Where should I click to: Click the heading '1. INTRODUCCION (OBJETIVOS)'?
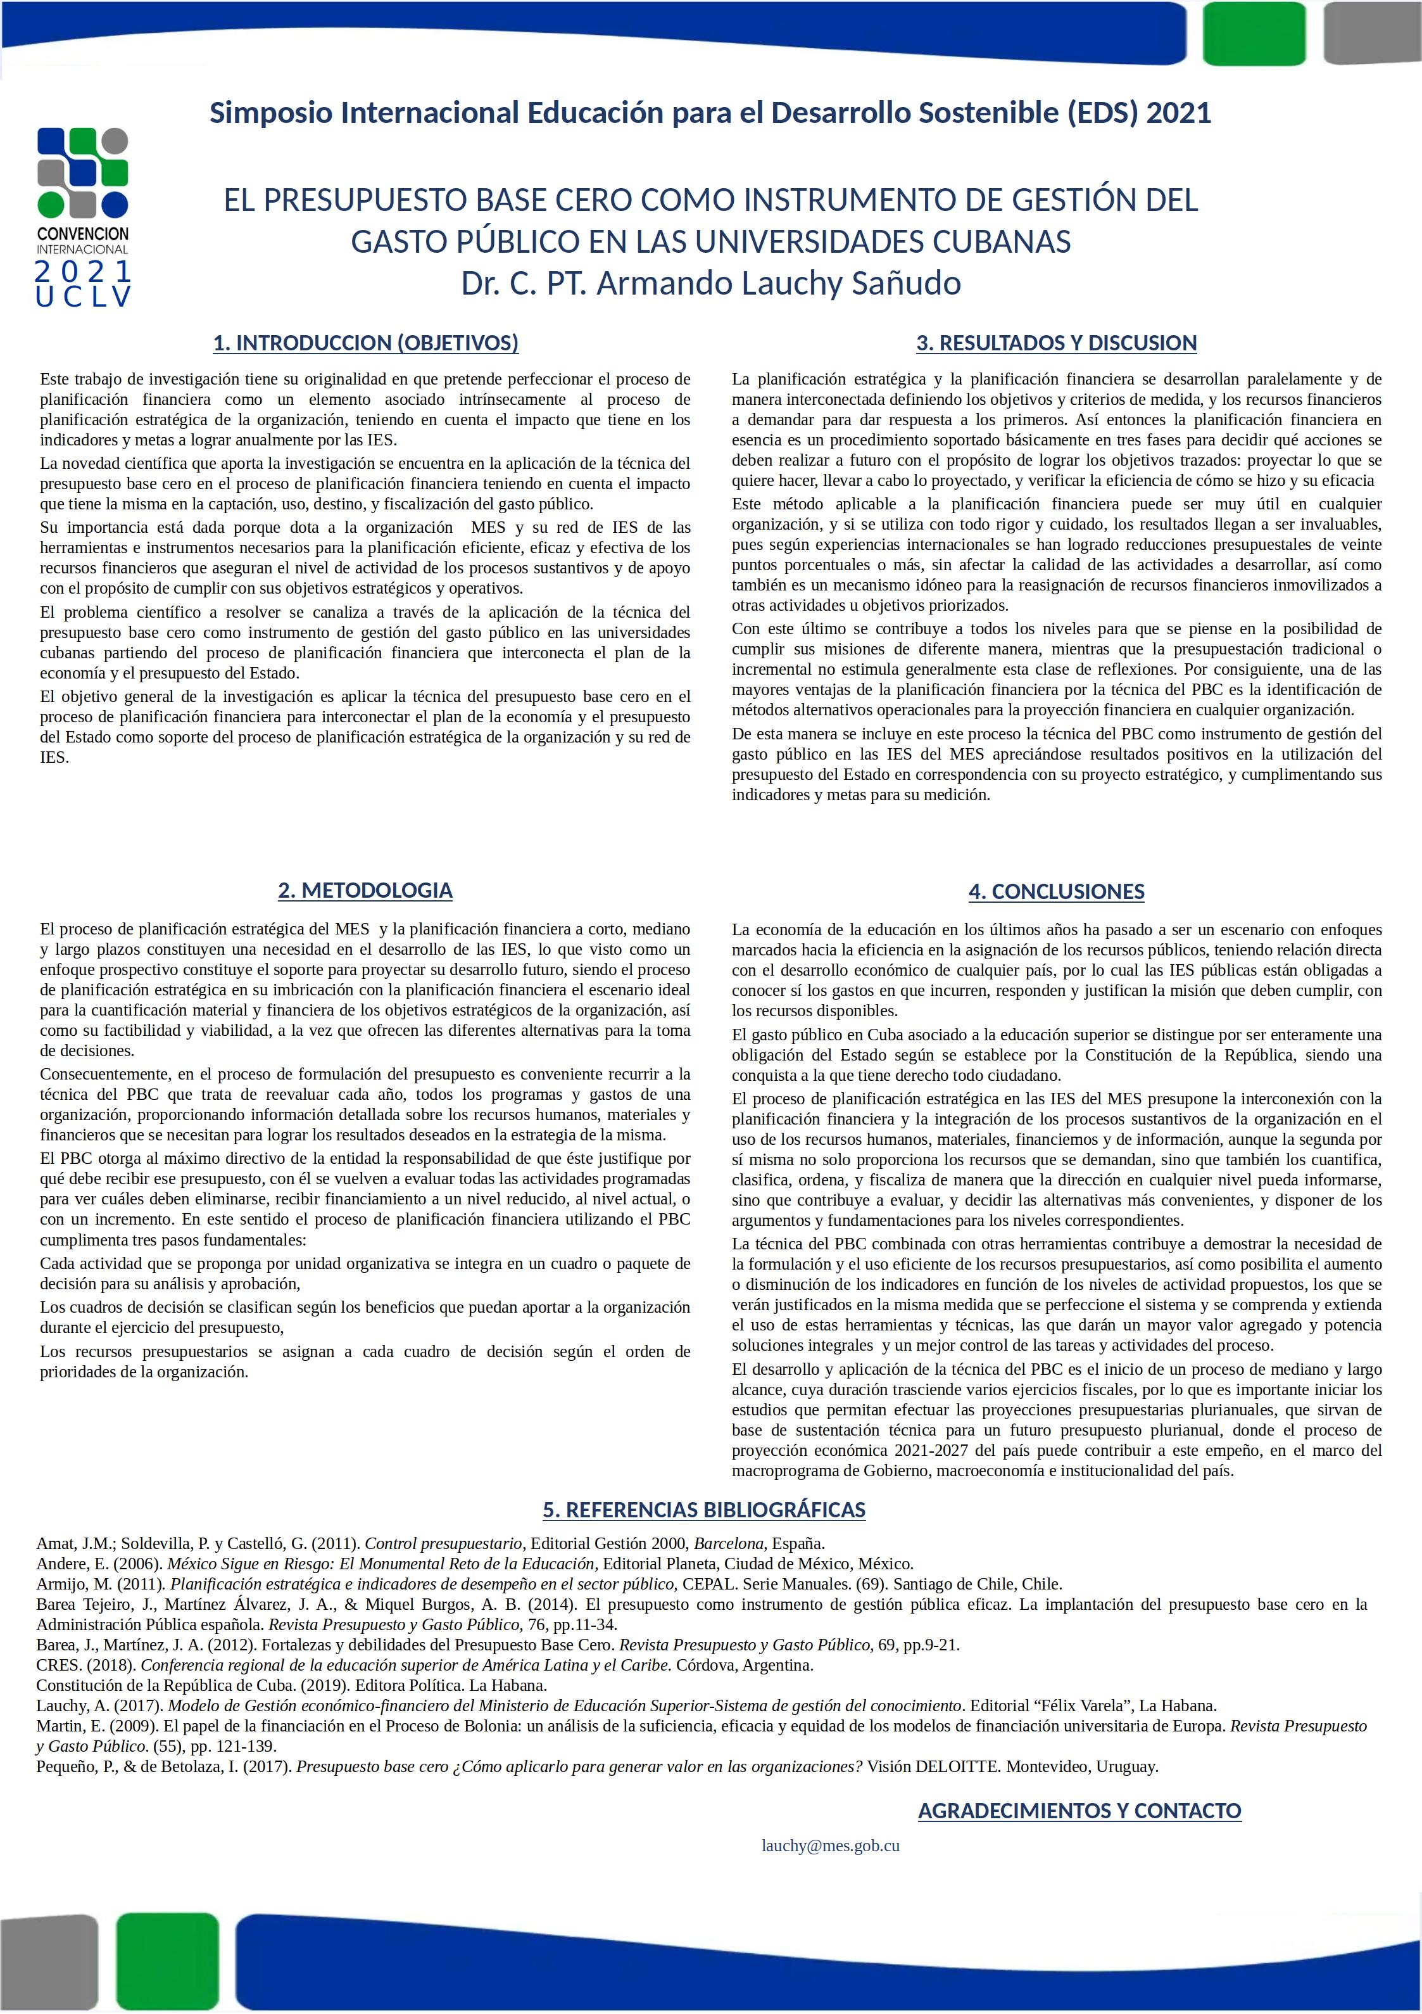click(x=365, y=343)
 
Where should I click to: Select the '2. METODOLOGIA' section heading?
click(x=365, y=890)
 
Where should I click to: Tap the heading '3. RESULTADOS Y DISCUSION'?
click(x=1057, y=343)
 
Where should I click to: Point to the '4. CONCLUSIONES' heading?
click(x=1057, y=891)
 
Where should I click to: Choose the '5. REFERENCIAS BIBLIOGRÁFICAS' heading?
click(x=704, y=1510)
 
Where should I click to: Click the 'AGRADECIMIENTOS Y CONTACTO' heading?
click(x=1079, y=1811)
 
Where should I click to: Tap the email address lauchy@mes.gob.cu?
click(x=830, y=1845)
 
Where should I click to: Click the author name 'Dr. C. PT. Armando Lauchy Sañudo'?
click(x=711, y=283)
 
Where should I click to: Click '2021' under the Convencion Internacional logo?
click(x=84, y=272)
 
